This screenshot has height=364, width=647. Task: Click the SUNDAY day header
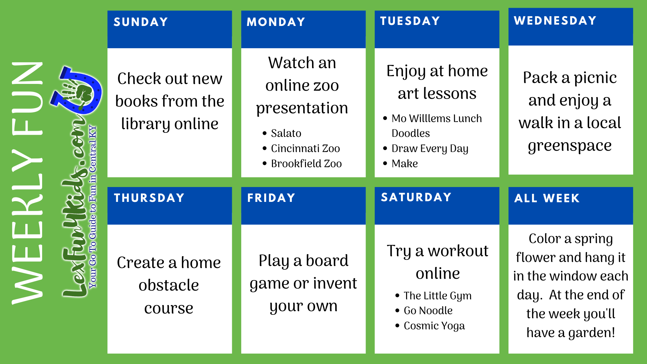(141, 22)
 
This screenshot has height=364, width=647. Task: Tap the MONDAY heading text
(276, 22)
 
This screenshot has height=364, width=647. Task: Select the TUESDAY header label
(410, 21)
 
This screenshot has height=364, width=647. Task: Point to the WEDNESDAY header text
(555, 21)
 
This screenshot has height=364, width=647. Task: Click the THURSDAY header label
(149, 198)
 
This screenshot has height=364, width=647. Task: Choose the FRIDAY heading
(271, 198)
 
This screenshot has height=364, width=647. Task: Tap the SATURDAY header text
(416, 197)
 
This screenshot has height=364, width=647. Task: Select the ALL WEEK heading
(547, 198)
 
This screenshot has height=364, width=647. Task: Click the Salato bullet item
(286, 133)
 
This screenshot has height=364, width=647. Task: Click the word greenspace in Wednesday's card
(570, 146)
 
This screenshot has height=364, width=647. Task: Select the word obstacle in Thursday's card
(169, 285)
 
